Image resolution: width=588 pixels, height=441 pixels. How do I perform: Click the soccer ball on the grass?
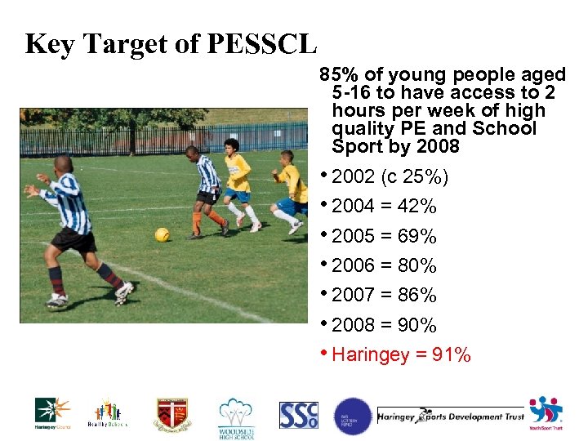[x=163, y=234]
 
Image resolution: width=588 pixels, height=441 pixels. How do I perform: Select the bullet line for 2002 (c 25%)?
[x=390, y=177]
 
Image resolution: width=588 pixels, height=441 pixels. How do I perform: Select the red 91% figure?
[x=452, y=354]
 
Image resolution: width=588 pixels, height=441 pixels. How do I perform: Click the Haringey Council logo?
[x=52, y=413]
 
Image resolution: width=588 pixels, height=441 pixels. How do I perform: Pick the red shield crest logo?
[x=172, y=415]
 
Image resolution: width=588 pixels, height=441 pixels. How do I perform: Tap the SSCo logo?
[x=299, y=415]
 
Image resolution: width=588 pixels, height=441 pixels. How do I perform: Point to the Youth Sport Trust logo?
[x=546, y=413]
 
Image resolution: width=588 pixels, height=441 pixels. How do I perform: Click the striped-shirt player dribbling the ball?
[x=207, y=188]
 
